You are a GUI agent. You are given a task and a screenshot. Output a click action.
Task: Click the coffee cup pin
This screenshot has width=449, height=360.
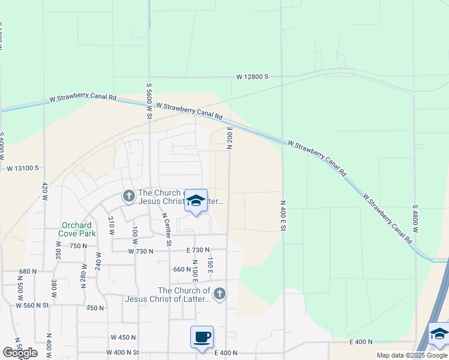(x=202, y=336)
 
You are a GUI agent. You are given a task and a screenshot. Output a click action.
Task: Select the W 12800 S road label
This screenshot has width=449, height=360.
(x=252, y=77)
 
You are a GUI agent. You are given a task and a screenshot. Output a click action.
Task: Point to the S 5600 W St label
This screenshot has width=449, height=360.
(x=148, y=100)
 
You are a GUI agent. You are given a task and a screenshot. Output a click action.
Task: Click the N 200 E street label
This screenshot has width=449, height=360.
(x=229, y=138)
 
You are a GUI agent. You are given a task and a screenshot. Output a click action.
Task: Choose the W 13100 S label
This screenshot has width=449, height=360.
(x=23, y=169)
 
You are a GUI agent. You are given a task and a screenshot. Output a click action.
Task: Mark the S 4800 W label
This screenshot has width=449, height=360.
(x=415, y=223)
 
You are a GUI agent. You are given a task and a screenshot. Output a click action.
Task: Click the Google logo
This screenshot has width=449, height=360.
(x=20, y=353)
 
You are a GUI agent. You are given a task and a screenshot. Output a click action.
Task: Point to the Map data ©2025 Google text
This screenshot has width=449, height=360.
(x=412, y=355)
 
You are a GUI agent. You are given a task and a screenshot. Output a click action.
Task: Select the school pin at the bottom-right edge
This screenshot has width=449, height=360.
(x=439, y=334)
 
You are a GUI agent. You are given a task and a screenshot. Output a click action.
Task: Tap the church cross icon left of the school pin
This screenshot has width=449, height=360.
(x=128, y=196)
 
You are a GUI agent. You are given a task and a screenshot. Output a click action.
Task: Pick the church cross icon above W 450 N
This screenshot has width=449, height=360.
(x=220, y=293)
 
